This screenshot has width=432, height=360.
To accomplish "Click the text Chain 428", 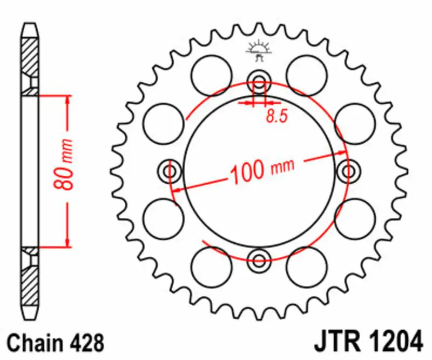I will [54, 343].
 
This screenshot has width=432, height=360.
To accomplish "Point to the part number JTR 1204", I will [367, 343].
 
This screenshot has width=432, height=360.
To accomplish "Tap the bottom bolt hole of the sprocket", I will [259, 257].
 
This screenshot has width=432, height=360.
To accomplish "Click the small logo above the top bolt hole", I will [259, 49].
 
